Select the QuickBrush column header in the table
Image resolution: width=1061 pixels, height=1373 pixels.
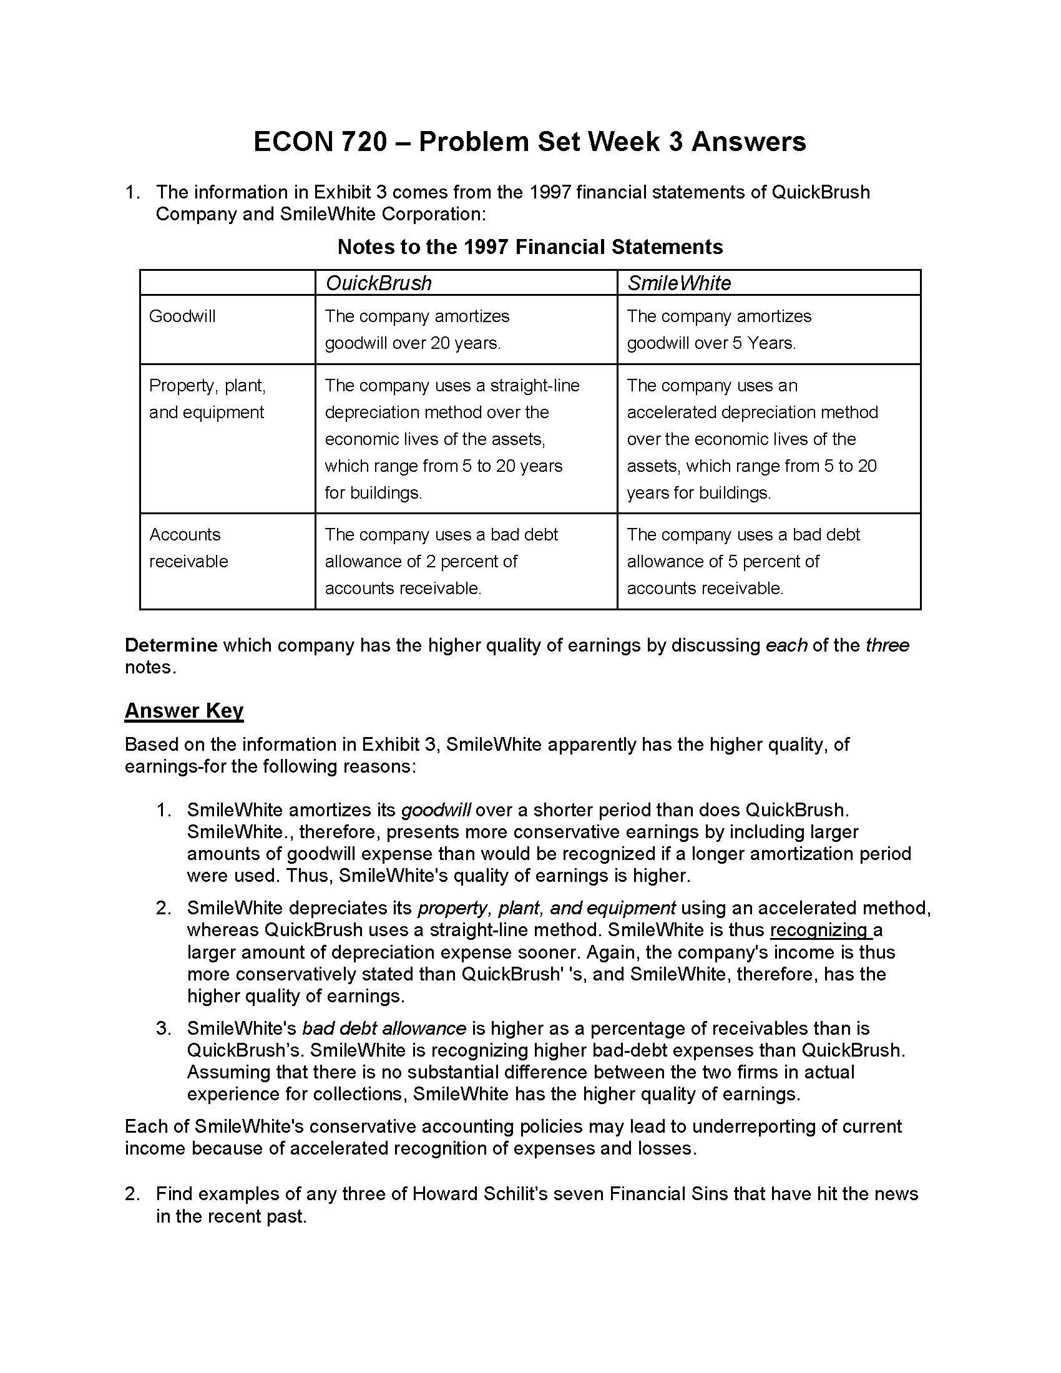point(378,283)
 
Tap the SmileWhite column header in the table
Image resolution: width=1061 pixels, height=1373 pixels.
point(679,283)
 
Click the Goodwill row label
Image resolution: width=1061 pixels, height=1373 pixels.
point(182,316)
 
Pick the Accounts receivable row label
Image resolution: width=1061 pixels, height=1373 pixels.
point(188,547)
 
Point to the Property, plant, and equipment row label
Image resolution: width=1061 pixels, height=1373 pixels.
point(207,399)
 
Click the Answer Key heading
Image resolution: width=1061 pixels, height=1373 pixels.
point(183,711)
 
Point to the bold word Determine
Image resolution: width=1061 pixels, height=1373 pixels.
point(171,646)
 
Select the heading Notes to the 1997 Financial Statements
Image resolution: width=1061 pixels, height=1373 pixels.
point(530,247)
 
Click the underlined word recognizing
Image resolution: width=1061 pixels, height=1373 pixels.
point(819,930)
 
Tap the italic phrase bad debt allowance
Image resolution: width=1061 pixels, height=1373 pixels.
point(384,1028)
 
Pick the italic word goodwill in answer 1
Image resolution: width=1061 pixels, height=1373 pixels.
point(436,810)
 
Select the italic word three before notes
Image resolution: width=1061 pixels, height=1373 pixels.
point(887,646)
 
